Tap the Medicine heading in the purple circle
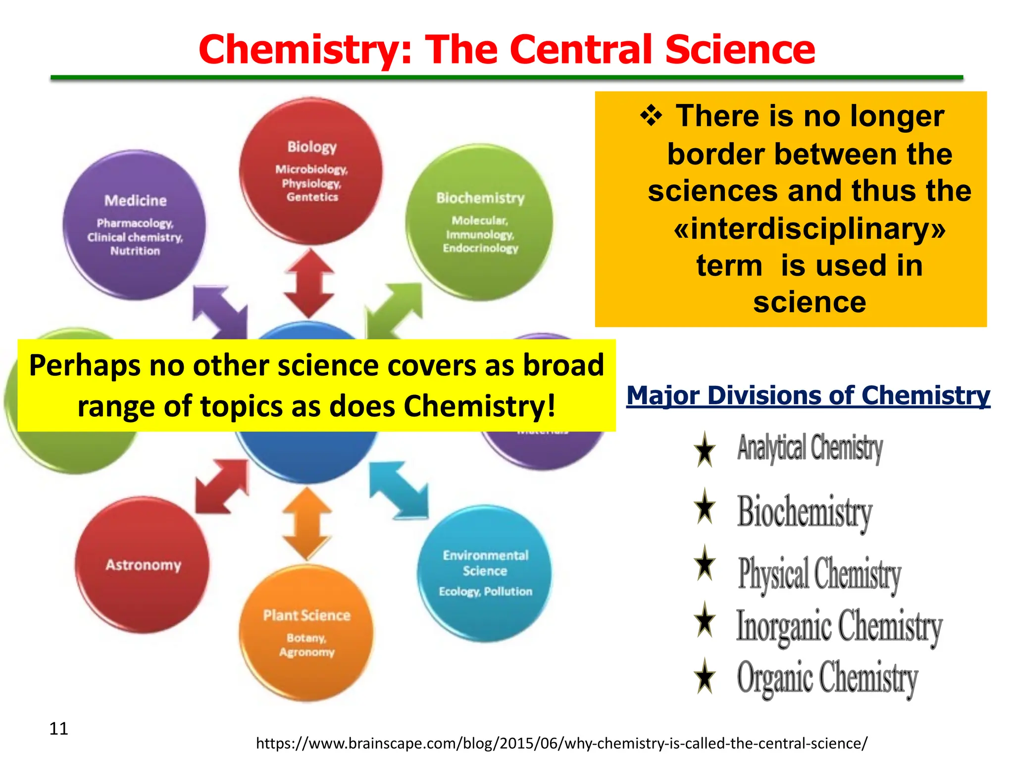click(135, 201)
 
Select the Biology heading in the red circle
click(312, 147)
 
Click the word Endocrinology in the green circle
click(480, 248)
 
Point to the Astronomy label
click(143, 565)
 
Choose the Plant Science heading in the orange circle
click(306, 615)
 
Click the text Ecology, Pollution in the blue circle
click(485, 592)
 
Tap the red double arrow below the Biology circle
click(308, 283)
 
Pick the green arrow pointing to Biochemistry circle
click(395, 308)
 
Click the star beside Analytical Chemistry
click(704, 449)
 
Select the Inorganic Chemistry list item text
click(839, 626)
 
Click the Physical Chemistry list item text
click(819, 574)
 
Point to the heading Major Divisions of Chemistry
click(808, 396)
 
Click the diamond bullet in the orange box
click(651, 116)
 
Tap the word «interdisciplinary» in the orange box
click(810, 228)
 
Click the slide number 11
click(58, 729)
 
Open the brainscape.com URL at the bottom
click(561, 743)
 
